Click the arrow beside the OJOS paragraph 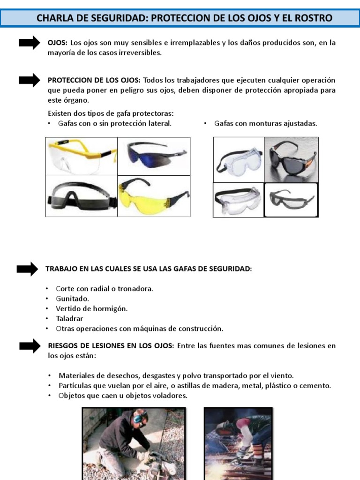click(x=29, y=43)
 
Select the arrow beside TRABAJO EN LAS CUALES click(x=27, y=269)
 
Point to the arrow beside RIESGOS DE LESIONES click(x=30, y=346)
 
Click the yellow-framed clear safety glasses click(x=81, y=156)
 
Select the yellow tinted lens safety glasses click(x=153, y=196)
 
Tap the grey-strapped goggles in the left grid click(x=81, y=196)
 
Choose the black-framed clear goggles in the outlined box click(x=291, y=200)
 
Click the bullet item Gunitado click(x=72, y=299)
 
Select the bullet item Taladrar click(x=69, y=318)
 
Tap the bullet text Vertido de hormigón click(x=91, y=308)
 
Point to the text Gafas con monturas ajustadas click(x=265, y=124)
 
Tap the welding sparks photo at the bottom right click(x=238, y=443)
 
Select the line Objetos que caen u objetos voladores click(x=123, y=396)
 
